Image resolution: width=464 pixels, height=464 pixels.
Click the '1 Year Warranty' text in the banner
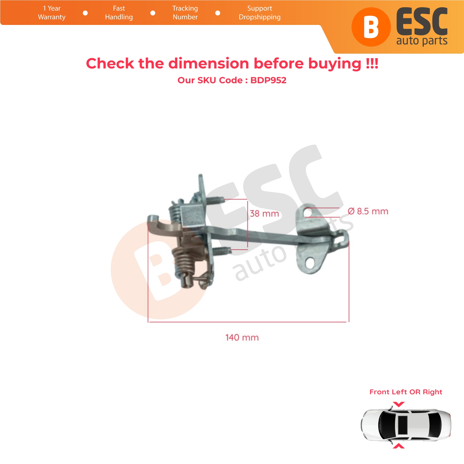(52, 13)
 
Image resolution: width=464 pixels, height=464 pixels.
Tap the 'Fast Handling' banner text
(119, 13)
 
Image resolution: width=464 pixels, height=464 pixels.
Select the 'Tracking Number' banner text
(185, 13)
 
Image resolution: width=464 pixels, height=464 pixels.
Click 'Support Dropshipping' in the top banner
(260, 13)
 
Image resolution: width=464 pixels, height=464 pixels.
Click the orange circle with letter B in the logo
(371, 27)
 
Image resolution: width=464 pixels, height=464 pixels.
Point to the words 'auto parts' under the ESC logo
(422, 41)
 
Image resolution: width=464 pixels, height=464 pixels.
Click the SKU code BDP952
(268, 80)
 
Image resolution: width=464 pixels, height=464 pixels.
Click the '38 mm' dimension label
(264, 214)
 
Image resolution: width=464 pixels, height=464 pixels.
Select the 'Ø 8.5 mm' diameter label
(368, 211)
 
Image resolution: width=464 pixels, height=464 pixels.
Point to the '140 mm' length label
(242, 338)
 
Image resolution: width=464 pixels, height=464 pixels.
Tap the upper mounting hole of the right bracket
(308, 213)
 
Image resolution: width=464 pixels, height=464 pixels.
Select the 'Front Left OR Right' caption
(406, 392)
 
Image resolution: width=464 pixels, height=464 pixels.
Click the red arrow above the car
(399, 404)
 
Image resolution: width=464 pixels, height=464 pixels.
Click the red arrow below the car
(399, 446)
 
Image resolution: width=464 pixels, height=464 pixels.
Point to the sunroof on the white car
(403, 425)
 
